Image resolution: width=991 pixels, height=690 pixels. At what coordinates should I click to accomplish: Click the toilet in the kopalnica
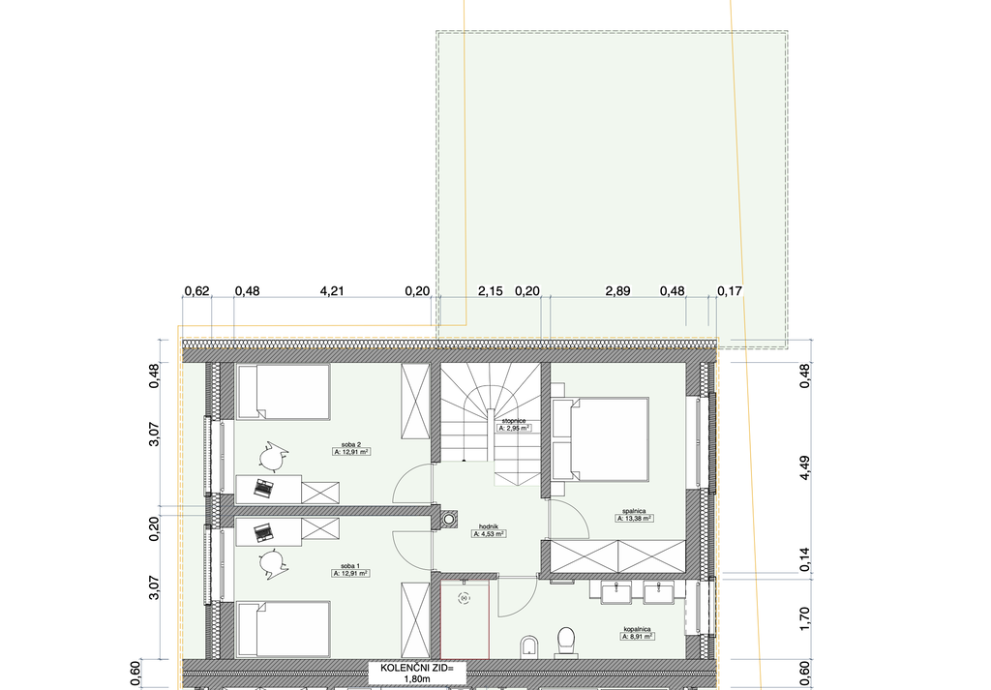[x=566, y=641]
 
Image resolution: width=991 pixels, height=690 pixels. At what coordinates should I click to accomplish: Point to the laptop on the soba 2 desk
[x=263, y=487]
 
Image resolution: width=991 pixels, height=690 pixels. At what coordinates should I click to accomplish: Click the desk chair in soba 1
[x=273, y=564]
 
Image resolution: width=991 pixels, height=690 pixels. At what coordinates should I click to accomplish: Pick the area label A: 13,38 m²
[x=634, y=518]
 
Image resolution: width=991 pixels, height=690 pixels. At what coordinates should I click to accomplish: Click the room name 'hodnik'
[x=489, y=525]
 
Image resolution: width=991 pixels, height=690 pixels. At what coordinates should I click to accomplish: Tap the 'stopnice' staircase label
[x=514, y=420]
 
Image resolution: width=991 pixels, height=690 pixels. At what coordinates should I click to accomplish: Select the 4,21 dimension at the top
[x=332, y=290]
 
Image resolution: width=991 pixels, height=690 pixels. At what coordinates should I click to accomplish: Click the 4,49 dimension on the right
[x=804, y=467]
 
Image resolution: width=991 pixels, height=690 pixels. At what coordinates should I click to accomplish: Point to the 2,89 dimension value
[x=617, y=290]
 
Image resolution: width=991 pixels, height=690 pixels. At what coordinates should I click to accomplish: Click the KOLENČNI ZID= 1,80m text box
[x=416, y=673]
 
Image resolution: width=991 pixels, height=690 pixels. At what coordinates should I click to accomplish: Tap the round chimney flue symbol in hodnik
[x=449, y=520]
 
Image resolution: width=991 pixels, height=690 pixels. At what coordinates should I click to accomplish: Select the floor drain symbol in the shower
[x=465, y=598]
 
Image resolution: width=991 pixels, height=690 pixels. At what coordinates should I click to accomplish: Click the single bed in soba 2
[x=284, y=392]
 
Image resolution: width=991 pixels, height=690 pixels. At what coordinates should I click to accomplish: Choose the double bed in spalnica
[x=600, y=439]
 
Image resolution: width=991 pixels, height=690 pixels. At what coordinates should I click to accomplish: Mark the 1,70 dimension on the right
[x=804, y=618]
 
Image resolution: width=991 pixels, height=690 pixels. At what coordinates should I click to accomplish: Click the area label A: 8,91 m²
[x=637, y=637]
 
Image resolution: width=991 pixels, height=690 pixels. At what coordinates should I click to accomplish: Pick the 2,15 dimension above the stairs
[x=491, y=290]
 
